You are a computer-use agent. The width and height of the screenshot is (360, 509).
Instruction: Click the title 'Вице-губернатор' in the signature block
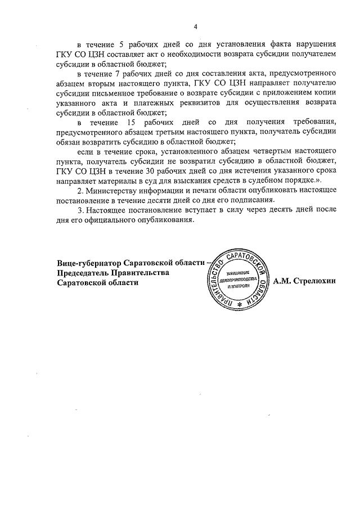pyautogui.click(x=91, y=263)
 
